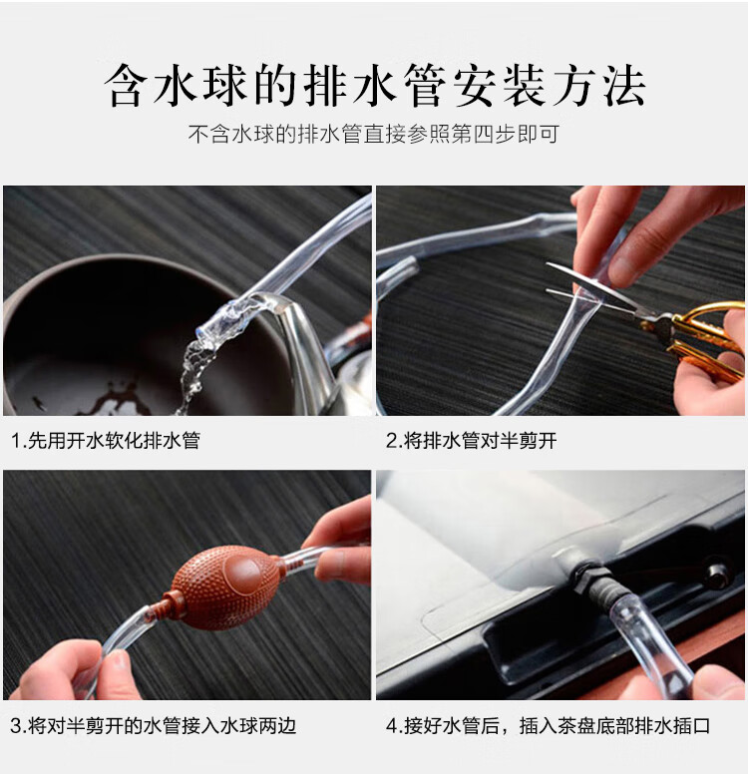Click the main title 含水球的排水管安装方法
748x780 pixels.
[x=375, y=85]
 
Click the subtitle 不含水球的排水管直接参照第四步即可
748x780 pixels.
[x=374, y=135]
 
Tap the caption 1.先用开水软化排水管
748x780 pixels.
[x=106, y=440]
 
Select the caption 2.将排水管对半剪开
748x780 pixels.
[x=471, y=440]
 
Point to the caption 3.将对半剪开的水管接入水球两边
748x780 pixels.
[x=154, y=726]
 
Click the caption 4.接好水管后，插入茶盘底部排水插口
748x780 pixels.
[x=549, y=726]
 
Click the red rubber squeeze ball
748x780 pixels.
[x=226, y=586]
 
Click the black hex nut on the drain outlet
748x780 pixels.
[x=585, y=577]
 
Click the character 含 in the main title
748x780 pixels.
[x=127, y=86]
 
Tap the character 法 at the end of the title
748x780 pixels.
[x=624, y=86]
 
